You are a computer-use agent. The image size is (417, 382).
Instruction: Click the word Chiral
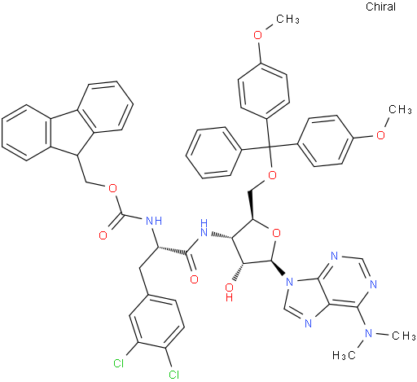coord(380,7)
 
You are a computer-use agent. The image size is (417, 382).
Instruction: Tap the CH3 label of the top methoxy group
coord(288,20)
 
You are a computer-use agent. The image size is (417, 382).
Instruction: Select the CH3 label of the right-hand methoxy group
coord(400,110)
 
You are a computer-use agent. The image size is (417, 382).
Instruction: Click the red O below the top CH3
coord(257,35)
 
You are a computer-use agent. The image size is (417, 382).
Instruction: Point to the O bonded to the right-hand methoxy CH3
coord(380,134)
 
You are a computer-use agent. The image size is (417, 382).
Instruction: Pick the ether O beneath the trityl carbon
coord(272,175)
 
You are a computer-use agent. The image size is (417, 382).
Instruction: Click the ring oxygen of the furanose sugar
coord(276,233)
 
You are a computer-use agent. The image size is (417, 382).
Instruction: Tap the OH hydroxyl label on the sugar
coord(230,292)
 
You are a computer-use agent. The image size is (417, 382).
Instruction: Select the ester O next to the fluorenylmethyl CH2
coord(112,188)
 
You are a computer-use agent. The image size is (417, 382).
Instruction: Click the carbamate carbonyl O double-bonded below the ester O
coord(103,235)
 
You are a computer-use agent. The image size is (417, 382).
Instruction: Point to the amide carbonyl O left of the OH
coord(194,279)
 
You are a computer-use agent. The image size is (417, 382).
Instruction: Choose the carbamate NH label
coord(154,221)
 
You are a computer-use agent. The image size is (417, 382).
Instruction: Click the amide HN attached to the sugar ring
coord(204,228)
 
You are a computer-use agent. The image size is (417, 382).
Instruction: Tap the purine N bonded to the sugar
coord(290,282)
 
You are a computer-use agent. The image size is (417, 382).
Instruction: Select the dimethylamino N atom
coord(368,332)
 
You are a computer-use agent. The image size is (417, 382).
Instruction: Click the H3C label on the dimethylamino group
coord(344,355)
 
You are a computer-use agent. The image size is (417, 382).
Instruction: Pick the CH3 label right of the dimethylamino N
coord(404,336)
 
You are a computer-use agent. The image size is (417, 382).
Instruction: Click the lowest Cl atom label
coord(173,375)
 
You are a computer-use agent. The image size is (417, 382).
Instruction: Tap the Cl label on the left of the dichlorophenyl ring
coord(119,363)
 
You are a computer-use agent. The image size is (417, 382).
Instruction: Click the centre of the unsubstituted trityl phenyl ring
coord(214,153)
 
